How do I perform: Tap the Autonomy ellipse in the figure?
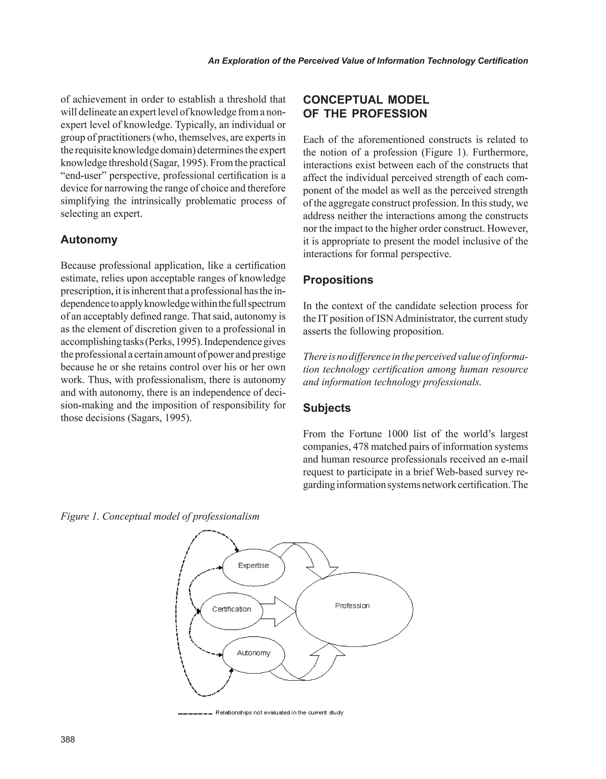pos(254,653)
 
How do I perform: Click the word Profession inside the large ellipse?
pos(352,606)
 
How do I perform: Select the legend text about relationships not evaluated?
pos(279,713)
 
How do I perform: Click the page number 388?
pos(68,740)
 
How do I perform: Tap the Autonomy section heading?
pos(89,239)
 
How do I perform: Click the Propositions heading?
pos(338,280)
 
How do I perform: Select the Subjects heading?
pos(327,408)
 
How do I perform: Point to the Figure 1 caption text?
pos(160,516)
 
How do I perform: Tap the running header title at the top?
pos(368,61)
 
